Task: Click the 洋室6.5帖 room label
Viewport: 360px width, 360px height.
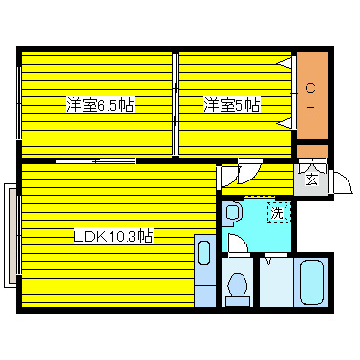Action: point(99,105)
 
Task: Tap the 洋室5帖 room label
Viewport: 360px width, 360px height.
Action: point(231,105)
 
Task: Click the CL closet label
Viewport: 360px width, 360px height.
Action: point(311,95)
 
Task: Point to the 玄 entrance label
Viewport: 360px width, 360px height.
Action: point(313,177)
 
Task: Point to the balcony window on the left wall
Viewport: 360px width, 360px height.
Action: point(11,234)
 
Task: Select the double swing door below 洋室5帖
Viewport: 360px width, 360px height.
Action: point(239,174)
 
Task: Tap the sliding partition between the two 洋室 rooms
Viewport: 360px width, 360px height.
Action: point(175,105)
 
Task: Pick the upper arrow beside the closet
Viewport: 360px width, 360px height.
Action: point(285,63)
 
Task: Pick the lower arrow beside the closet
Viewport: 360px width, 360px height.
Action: point(285,122)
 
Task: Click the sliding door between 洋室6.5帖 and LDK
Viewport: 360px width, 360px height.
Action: point(95,160)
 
